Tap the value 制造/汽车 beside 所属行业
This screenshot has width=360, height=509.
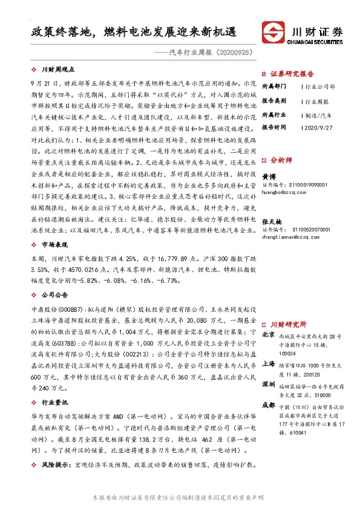coord(318,114)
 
